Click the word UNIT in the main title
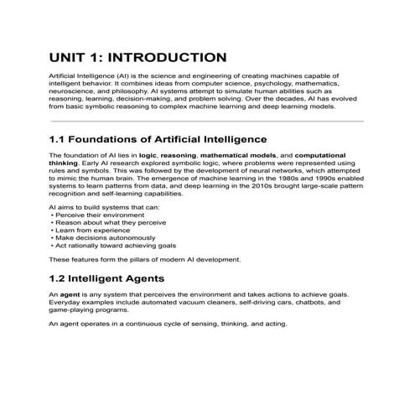(x=67, y=58)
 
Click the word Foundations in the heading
(x=114, y=138)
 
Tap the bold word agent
(x=69, y=295)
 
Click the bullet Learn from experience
(x=86, y=230)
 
